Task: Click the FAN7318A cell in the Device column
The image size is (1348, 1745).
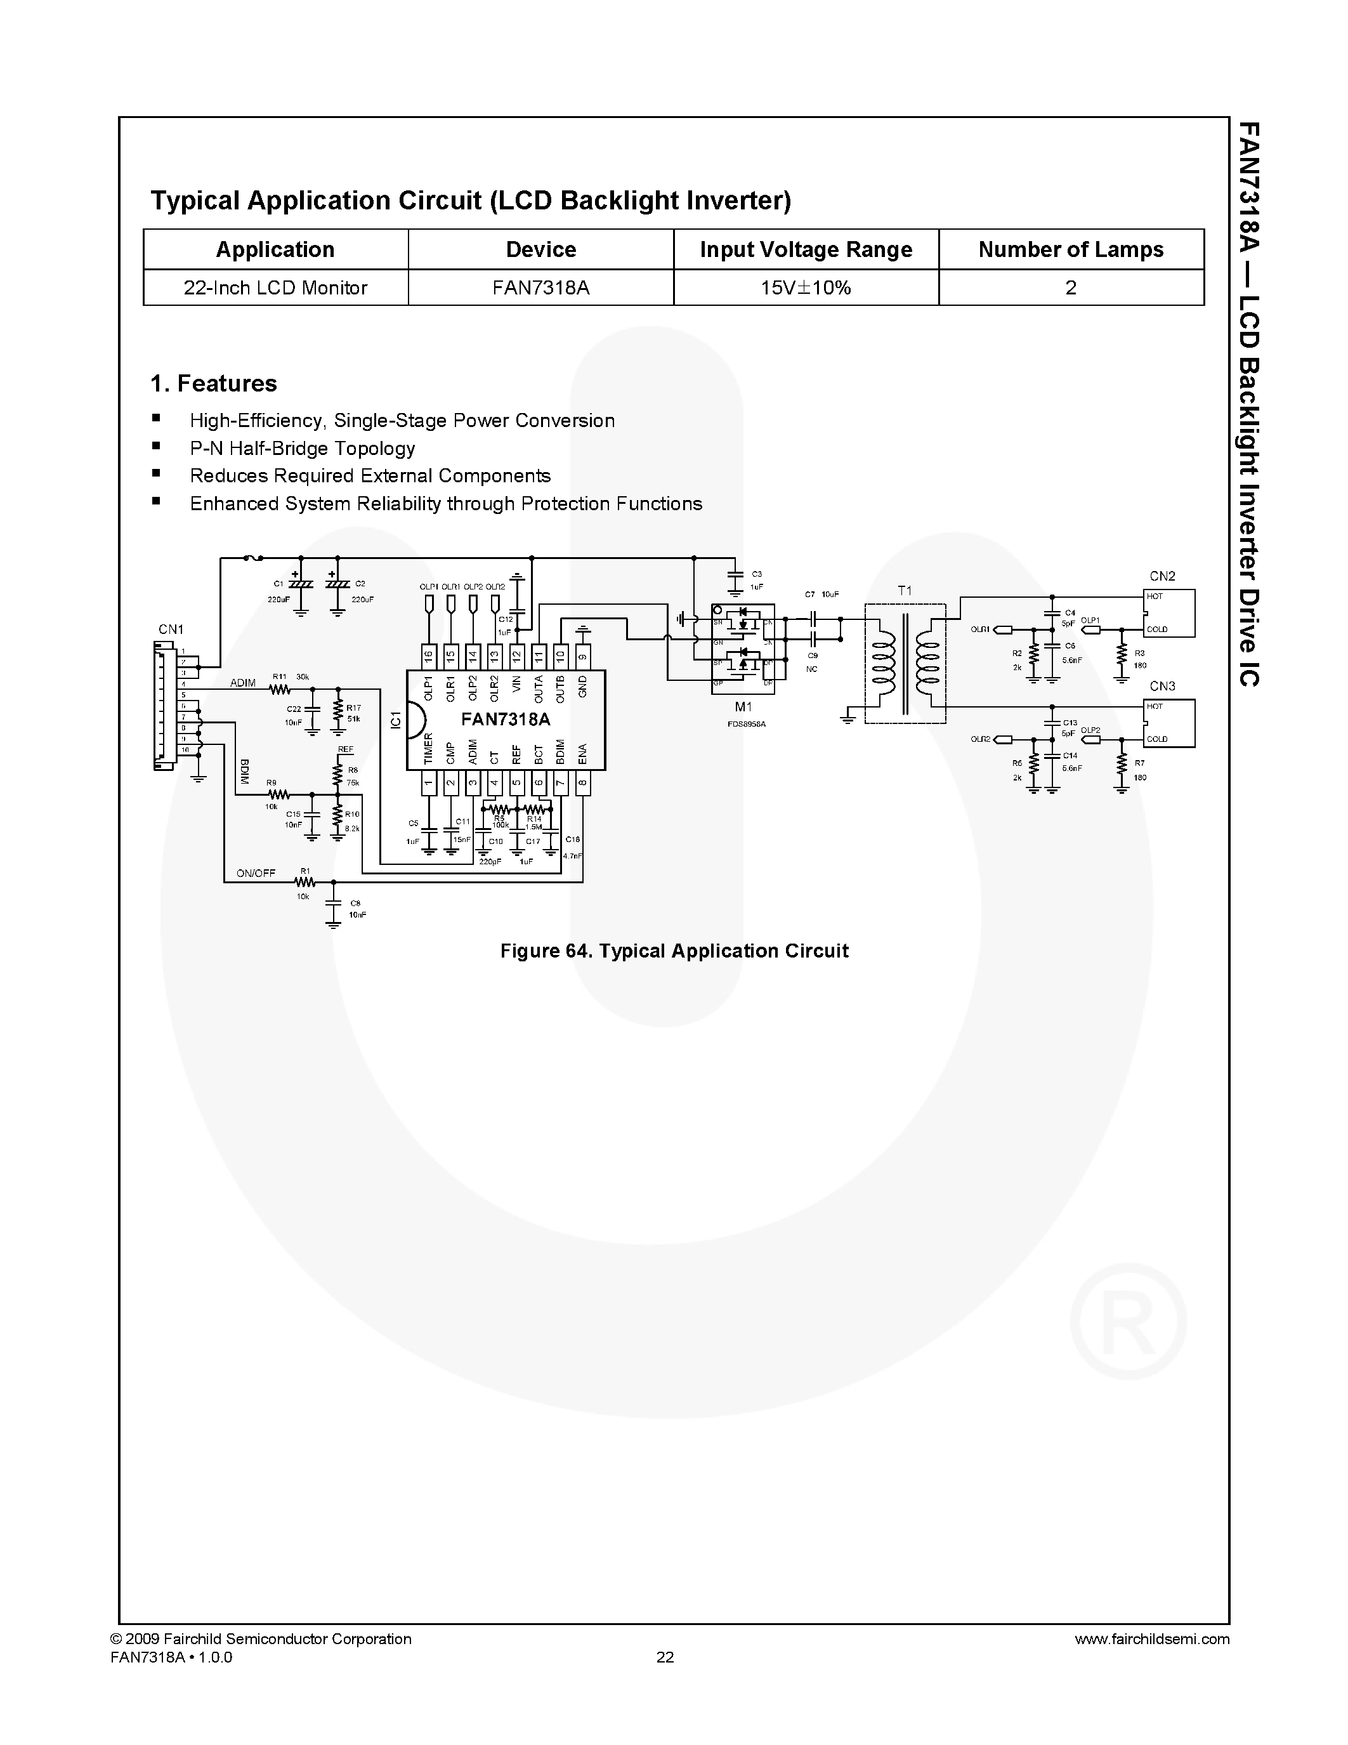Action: point(540,287)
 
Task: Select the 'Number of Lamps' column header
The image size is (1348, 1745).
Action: point(1070,249)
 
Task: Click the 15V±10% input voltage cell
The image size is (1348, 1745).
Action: point(806,287)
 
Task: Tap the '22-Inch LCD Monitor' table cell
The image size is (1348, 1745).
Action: point(275,287)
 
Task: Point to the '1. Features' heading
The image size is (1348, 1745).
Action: point(214,383)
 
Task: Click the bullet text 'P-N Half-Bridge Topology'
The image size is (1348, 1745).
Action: point(302,448)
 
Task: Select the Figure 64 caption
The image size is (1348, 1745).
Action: point(674,951)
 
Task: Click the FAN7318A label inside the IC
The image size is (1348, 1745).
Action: point(506,719)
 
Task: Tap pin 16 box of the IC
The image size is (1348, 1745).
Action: point(428,657)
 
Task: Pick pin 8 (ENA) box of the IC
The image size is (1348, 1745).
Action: point(583,783)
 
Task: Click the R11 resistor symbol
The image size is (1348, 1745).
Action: point(278,688)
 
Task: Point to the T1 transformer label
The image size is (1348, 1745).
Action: point(904,591)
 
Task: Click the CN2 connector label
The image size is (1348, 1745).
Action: point(1162,576)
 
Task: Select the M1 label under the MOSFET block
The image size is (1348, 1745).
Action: point(743,707)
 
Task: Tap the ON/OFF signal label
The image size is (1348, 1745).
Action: point(256,873)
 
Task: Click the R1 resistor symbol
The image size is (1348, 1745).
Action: point(304,883)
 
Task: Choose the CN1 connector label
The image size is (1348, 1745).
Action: point(171,629)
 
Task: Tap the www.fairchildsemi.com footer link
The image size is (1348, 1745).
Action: point(1151,1639)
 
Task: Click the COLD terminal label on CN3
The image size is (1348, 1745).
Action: point(1157,739)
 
